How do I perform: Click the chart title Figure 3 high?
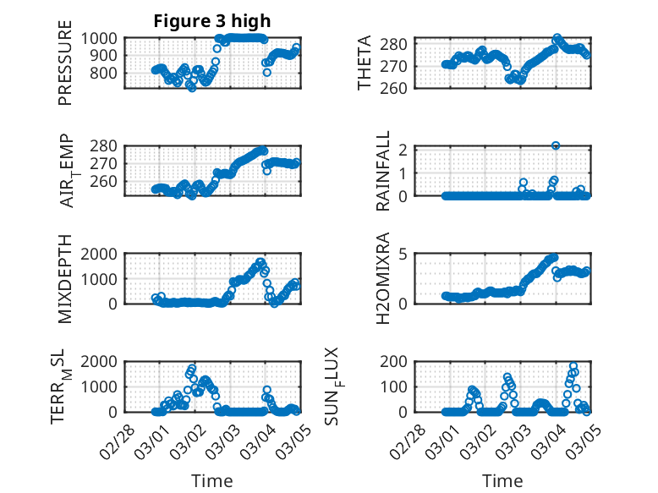pyautogui.click(x=211, y=21)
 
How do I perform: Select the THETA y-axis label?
pyautogui.click(x=365, y=63)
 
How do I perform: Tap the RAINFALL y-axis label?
pyautogui.click(x=382, y=171)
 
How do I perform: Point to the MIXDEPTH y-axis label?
pyautogui.click(x=65, y=278)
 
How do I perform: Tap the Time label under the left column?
pyautogui.click(x=211, y=480)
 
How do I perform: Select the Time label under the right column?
pyautogui.click(x=502, y=480)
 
